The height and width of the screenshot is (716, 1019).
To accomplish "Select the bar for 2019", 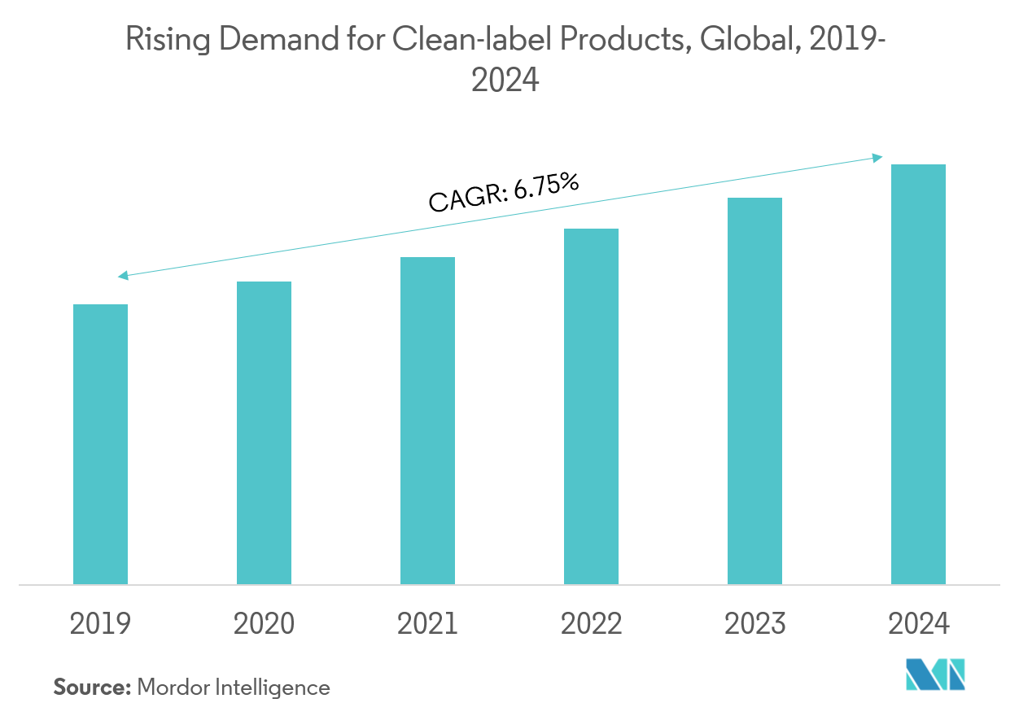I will point(100,444).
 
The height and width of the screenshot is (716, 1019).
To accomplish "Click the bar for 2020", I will point(264,433).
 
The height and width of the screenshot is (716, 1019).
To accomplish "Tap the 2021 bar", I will point(427,421).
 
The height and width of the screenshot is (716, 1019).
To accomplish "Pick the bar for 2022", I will point(591,406).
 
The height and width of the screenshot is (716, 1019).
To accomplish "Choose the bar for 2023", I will point(754,391).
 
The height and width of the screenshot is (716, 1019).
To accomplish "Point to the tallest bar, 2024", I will point(918,374).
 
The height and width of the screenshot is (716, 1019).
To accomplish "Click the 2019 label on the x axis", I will point(100,624).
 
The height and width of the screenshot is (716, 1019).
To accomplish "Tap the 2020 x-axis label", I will point(264,624).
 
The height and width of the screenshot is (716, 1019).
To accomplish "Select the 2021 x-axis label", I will point(427,624).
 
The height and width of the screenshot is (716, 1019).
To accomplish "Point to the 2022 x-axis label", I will point(591,624).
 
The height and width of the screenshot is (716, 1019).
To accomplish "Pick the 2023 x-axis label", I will point(754,624).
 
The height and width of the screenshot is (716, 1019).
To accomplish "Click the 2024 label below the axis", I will point(918,624).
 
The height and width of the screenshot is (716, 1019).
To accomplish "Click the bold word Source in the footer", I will point(92,688).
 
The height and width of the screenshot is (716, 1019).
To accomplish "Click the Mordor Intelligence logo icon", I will point(935,675).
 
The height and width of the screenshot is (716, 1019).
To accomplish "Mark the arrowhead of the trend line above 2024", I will point(879,157).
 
